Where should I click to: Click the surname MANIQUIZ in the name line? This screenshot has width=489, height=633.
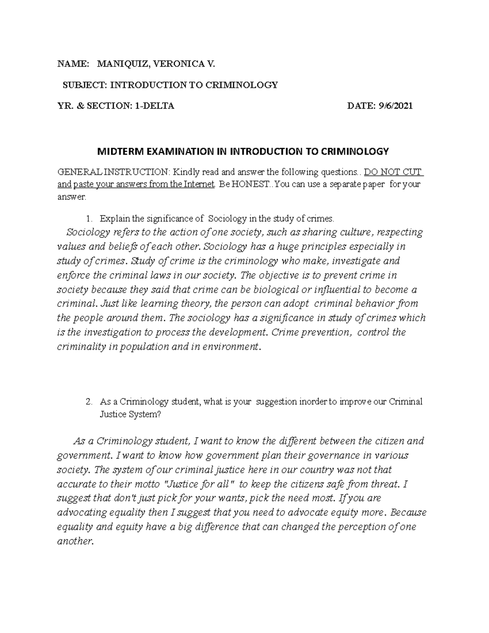[117, 64]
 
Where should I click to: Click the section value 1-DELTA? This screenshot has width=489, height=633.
[155, 106]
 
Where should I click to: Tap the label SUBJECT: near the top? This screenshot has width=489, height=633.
[85, 85]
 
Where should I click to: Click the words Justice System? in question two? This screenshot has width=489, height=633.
[130, 415]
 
